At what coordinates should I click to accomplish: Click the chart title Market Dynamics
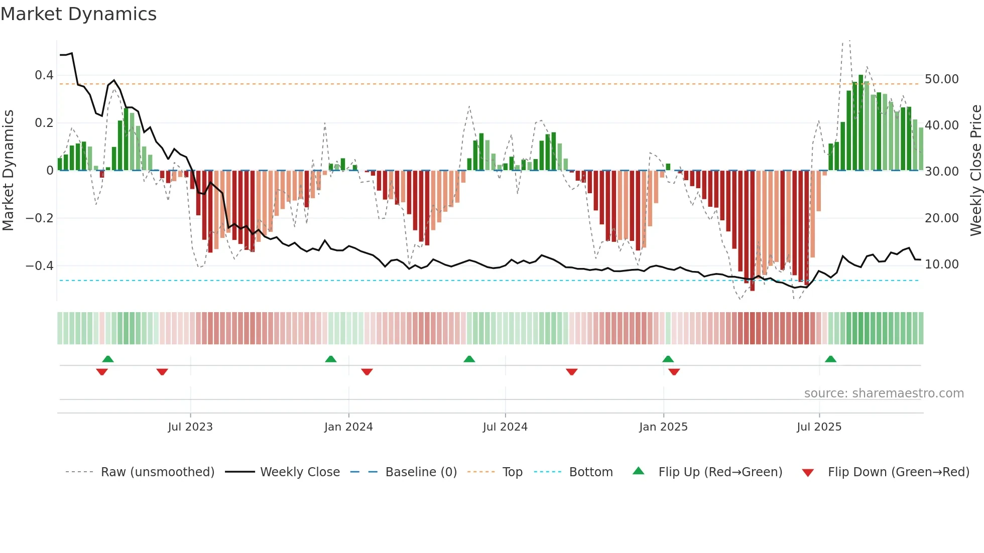pos(78,14)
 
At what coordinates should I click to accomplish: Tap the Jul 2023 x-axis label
pos(190,427)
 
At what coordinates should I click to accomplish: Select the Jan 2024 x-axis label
pos(348,427)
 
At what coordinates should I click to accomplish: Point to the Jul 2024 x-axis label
pos(505,427)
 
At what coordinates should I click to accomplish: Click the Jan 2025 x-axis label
pos(663,427)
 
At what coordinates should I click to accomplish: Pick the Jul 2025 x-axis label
pos(819,427)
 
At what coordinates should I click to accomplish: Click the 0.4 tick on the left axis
pos(44,75)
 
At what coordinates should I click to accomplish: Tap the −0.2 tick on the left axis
pos(40,218)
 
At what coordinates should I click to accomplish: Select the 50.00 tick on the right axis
pos(942,79)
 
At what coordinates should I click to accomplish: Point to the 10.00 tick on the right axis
pos(942,264)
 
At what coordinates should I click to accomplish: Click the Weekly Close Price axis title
pos(975,171)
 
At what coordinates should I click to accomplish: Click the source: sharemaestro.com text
pos(884,393)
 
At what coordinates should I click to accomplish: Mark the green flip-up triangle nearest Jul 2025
pos(830,359)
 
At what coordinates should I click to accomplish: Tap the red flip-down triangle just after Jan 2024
pos(367,372)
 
